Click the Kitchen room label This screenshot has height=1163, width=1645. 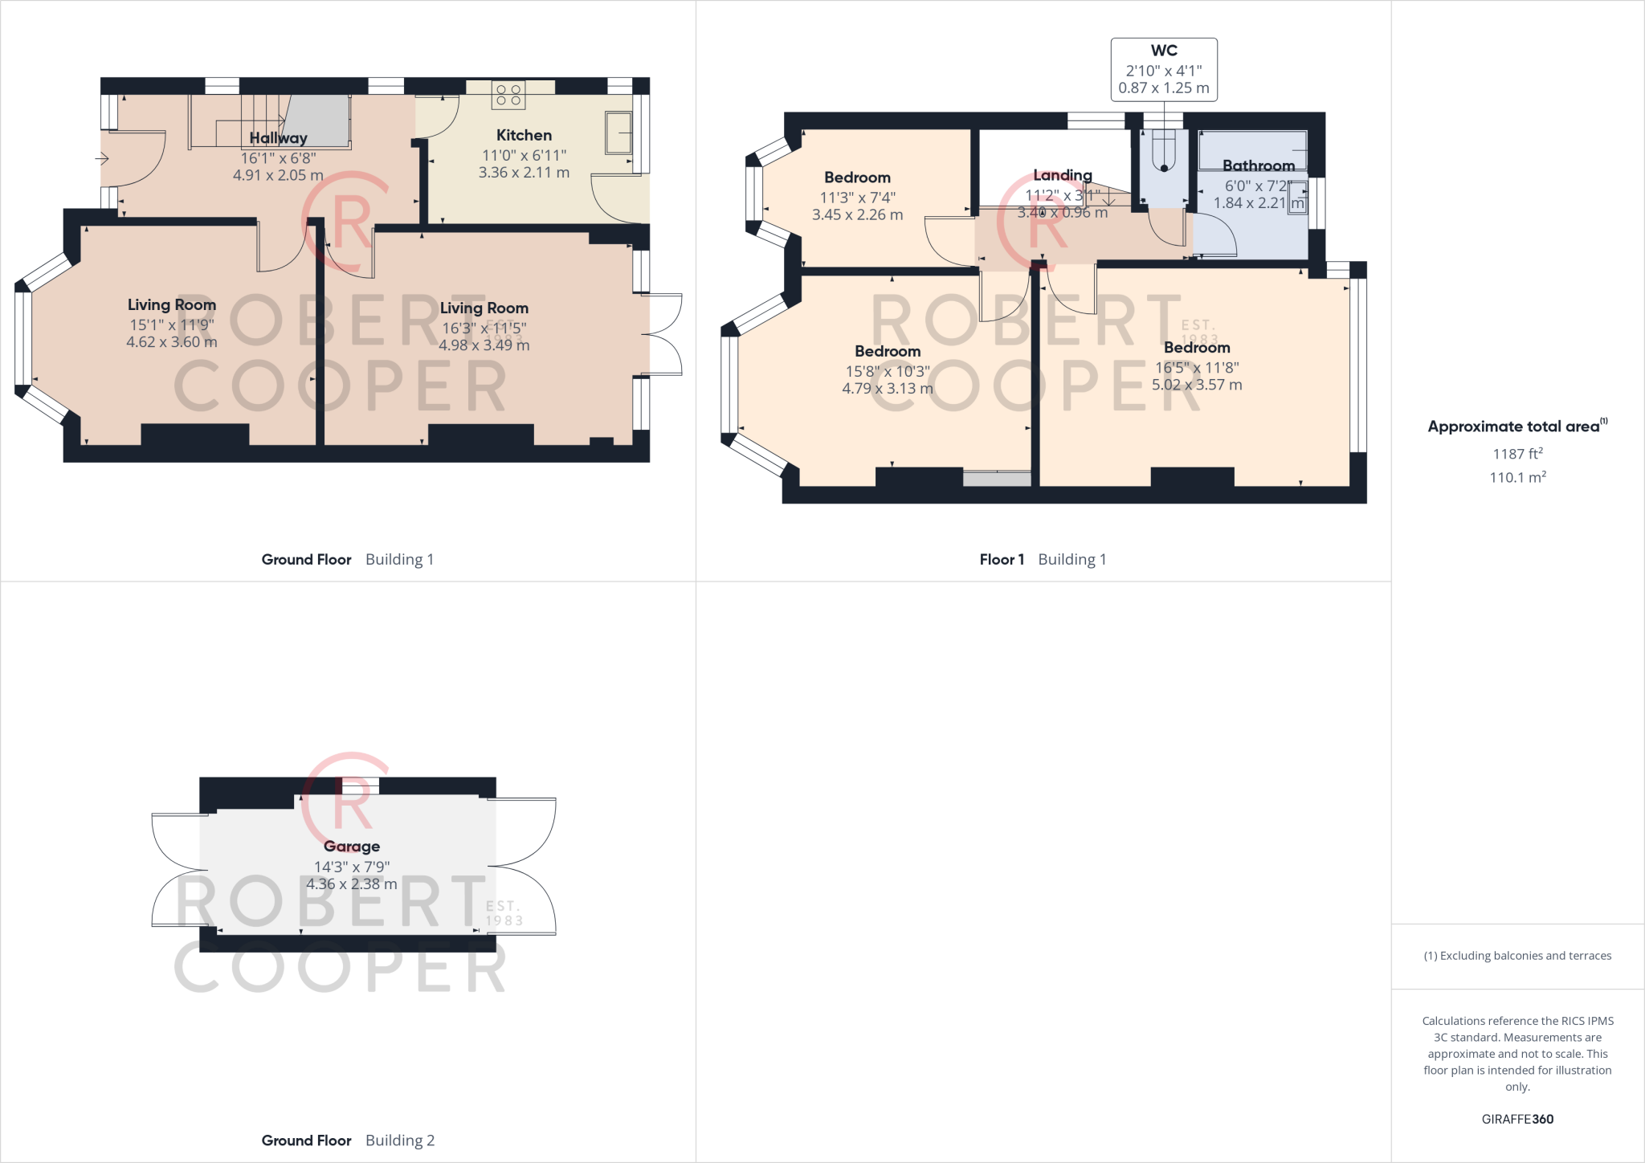[x=524, y=135]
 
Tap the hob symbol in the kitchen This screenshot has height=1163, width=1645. [x=508, y=96]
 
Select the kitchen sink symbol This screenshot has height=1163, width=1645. [x=619, y=133]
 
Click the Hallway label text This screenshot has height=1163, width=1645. [x=278, y=138]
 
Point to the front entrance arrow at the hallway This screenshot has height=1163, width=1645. [x=102, y=159]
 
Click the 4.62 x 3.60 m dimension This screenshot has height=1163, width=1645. [x=172, y=342]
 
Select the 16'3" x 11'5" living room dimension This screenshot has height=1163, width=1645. [x=484, y=328]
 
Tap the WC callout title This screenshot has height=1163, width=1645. [x=1163, y=51]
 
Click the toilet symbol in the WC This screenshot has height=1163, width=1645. [x=1164, y=153]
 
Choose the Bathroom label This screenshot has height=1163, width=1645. [x=1258, y=165]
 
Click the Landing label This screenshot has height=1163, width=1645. [x=1062, y=175]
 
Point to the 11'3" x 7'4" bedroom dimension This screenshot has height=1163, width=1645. [x=857, y=198]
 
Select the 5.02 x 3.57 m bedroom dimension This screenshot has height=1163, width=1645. [x=1197, y=385]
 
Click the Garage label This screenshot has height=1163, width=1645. [x=352, y=847]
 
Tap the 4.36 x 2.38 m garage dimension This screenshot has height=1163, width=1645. [x=352, y=884]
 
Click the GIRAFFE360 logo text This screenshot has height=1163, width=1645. [x=1517, y=1119]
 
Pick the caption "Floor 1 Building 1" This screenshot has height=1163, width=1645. [x=1043, y=560]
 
